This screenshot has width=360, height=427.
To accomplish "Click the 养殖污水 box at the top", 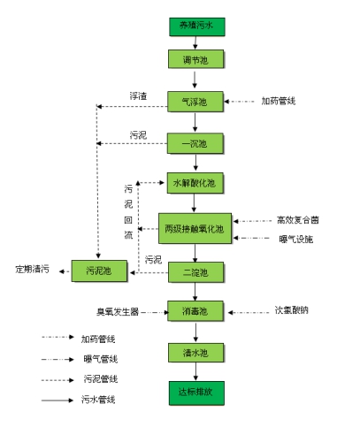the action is pos(197,27).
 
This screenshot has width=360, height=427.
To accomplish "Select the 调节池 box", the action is pos(196,59).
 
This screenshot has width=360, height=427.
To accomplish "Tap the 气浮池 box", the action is pos(195,102).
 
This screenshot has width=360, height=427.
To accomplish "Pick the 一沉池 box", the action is pos(195,143).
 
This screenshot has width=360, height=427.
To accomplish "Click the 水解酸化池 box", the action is pos(195,183).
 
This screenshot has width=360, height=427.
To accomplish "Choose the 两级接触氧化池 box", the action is pos(195,228).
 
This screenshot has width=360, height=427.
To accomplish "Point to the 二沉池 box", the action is pos(196,272).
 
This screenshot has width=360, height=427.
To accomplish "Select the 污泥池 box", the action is pos(99,271).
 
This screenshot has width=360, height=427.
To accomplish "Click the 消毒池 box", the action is pos(195,311).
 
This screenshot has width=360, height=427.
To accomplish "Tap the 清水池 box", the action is pos(196,353).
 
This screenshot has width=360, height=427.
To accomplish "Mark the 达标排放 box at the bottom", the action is pos(196,393).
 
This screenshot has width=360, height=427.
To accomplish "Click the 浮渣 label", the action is pos(138,96).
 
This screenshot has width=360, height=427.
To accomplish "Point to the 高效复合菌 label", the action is pos(298,220).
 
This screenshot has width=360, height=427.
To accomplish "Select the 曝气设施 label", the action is pos(296,240).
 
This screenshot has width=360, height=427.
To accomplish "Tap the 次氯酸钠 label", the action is pos(292,310).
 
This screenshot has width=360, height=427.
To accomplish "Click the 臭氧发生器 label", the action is pos(118,312).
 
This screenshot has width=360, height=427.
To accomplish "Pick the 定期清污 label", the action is pos(33,269).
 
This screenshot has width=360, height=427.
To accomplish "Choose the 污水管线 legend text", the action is pos(98,400).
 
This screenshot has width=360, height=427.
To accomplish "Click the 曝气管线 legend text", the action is pos(101,359).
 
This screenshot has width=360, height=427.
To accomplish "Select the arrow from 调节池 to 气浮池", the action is pos(195,80).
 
